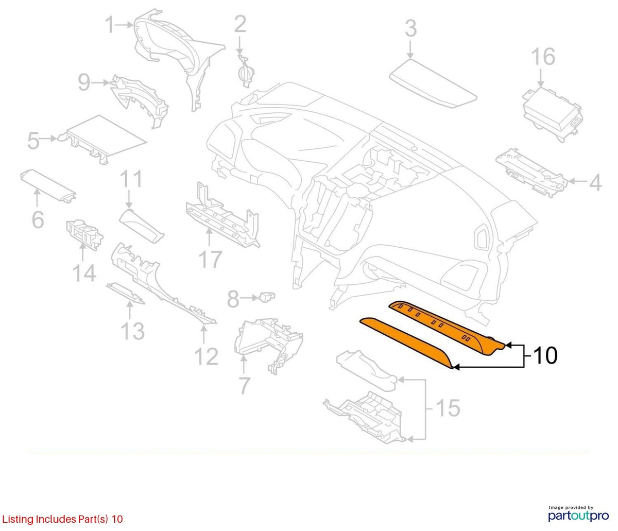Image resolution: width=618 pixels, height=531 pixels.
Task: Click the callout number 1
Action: pos(110,25)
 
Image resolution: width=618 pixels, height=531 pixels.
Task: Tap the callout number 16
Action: pos(543,57)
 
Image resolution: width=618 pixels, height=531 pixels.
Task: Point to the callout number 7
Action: pos(244,386)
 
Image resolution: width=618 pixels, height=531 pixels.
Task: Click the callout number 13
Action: pos(132,331)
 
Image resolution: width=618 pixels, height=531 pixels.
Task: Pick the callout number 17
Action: pos(210,260)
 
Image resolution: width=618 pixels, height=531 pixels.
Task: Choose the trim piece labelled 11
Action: pos(141,227)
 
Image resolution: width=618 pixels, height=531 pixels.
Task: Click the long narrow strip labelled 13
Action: pos(126,293)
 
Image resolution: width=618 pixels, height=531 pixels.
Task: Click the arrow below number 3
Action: pos(410,49)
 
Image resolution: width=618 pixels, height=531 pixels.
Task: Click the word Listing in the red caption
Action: pos(18,520)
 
